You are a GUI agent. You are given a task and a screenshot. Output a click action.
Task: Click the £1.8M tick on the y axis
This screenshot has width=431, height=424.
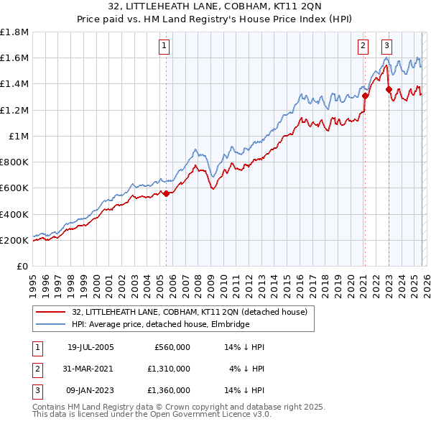[x=14, y=32]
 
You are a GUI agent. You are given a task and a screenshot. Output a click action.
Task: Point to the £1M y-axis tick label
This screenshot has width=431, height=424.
[x=19, y=136]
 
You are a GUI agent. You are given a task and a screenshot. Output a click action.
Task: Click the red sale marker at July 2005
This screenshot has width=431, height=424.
[x=166, y=193]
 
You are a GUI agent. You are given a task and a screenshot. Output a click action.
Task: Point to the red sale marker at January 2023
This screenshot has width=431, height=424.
[x=389, y=90]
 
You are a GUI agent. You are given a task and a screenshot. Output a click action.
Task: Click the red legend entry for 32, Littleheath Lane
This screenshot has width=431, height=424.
[x=189, y=312]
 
